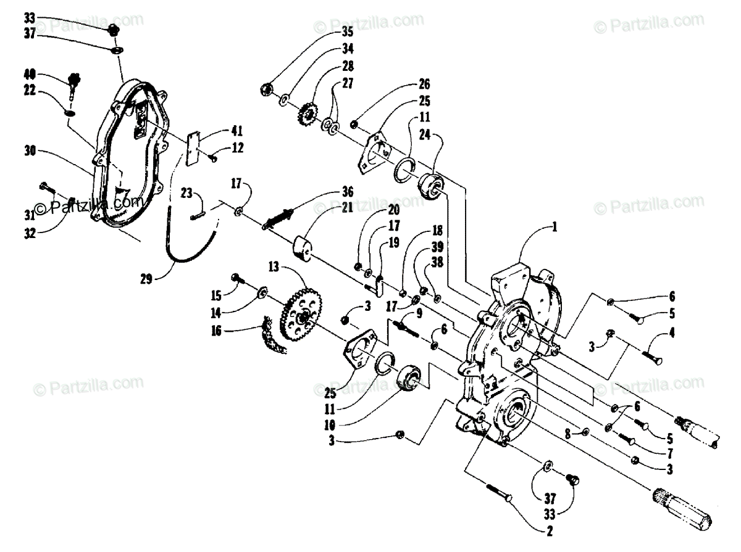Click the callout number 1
(555, 226)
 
